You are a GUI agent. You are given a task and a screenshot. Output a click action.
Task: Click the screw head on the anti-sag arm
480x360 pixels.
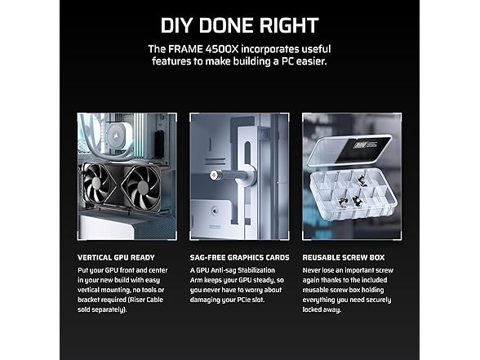pos(215,174)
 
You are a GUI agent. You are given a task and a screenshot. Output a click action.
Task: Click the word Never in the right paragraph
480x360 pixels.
pos(313,269)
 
